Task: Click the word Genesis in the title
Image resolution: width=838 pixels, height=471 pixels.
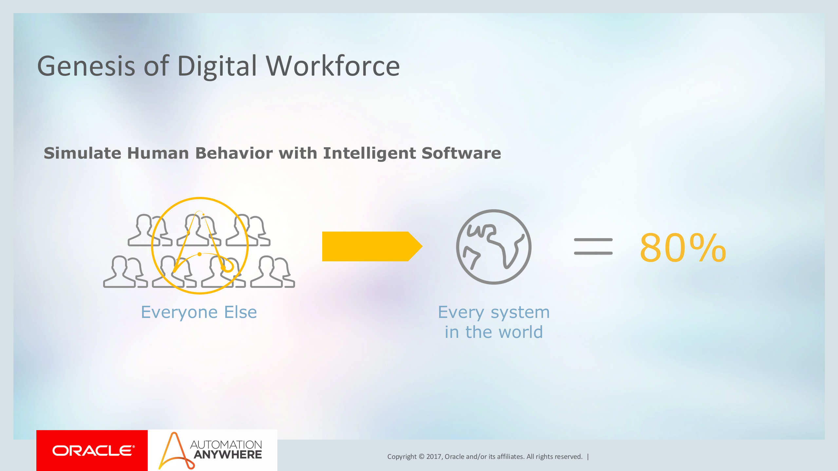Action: click(x=86, y=66)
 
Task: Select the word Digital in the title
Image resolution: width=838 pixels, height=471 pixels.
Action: click(x=217, y=66)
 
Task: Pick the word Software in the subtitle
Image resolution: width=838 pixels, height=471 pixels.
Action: click(x=461, y=153)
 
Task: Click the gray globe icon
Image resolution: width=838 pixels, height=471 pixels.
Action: click(x=493, y=247)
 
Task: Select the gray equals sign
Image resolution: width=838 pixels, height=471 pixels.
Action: click(x=593, y=246)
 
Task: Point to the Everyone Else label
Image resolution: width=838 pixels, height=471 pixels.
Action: click(x=199, y=312)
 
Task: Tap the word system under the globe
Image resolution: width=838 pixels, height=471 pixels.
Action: click(x=520, y=312)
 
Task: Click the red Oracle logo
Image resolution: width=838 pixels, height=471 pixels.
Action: click(x=92, y=451)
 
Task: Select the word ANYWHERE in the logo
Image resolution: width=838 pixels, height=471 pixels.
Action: click(x=228, y=455)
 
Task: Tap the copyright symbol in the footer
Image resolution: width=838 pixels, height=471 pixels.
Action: click(x=421, y=457)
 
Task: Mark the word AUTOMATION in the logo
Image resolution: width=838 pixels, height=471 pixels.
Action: click(x=226, y=445)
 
